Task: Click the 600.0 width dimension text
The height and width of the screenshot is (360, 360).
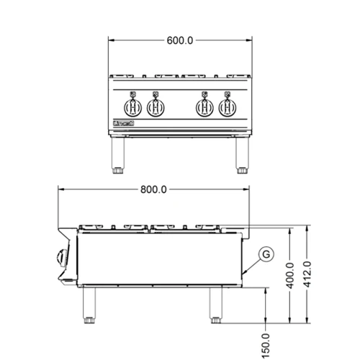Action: tap(180, 40)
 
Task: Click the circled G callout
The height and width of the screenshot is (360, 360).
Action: tap(266, 253)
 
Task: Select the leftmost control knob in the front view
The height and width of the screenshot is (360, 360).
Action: tap(134, 108)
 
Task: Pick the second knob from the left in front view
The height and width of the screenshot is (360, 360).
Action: tap(156, 108)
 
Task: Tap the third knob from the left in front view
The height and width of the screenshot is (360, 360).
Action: tap(205, 108)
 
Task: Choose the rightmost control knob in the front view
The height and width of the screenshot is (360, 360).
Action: tap(228, 108)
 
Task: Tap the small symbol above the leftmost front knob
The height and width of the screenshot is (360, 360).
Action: tap(134, 94)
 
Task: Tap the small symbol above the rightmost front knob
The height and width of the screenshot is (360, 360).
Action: tap(228, 94)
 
